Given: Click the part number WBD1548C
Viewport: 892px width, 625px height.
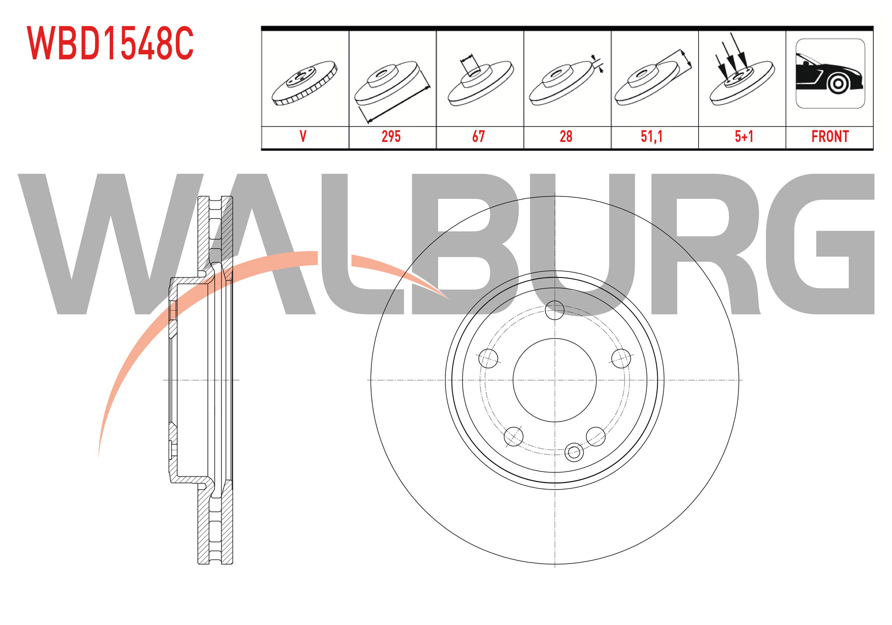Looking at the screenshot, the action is pyautogui.click(x=110, y=43).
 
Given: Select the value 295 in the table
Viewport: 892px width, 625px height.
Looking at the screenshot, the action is pyautogui.click(x=391, y=136).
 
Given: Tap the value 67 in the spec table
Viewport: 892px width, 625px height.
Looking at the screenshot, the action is pyautogui.click(x=478, y=136).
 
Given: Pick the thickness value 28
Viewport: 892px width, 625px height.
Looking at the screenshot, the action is pyautogui.click(x=566, y=136).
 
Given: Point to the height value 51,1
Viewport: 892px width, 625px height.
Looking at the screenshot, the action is pyautogui.click(x=651, y=136).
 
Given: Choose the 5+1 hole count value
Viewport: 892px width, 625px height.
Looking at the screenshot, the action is pyautogui.click(x=744, y=136).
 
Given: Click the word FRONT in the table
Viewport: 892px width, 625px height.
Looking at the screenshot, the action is pyautogui.click(x=830, y=136).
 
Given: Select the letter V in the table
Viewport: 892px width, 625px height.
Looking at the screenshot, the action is pyautogui.click(x=303, y=136).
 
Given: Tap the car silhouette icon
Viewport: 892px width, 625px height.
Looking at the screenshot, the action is pyautogui.click(x=830, y=74).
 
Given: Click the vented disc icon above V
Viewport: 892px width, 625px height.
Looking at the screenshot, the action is pyautogui.click(x=305, y=83).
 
